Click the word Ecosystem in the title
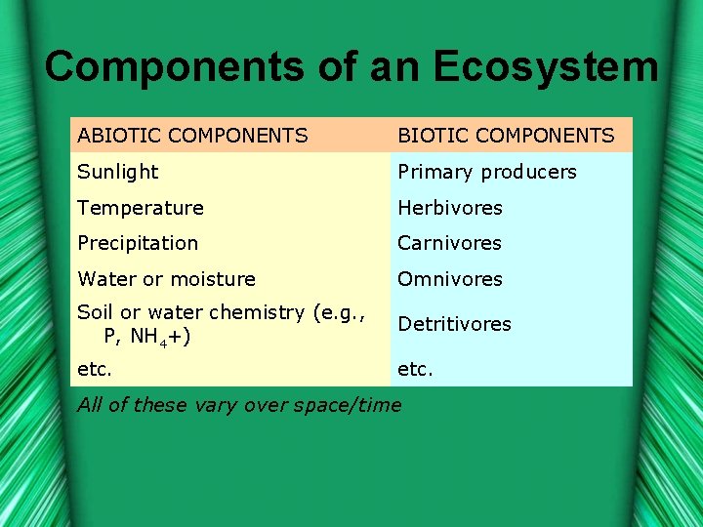pos(546,66)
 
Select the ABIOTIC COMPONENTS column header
pos(192,136)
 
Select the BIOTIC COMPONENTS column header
pos(506,136)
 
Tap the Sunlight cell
pos(117,172)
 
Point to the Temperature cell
pos(140,208)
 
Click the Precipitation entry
pos(138,243)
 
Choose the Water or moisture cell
pos(166,279)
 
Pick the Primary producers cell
pos(486,172)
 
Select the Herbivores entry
pos(449,208)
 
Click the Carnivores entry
pos(449,243)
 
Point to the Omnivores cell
pos(449,279)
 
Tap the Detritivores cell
pos(454,324)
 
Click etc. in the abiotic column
pos(95,370)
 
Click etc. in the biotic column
pos(415,370)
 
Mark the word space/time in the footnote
pos(351,405)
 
